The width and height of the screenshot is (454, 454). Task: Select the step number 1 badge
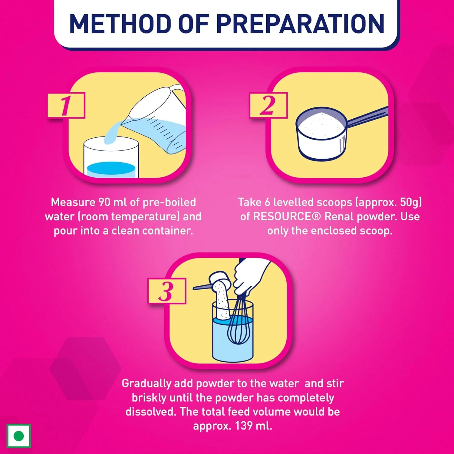[x=66, y=105]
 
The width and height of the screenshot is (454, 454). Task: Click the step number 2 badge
[x=268, y=105]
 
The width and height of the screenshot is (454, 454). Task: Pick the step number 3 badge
[x=167, y=291]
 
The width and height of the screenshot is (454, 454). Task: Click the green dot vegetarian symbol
[x=19, y=436]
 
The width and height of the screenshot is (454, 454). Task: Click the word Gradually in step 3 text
[x=146, y=384]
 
